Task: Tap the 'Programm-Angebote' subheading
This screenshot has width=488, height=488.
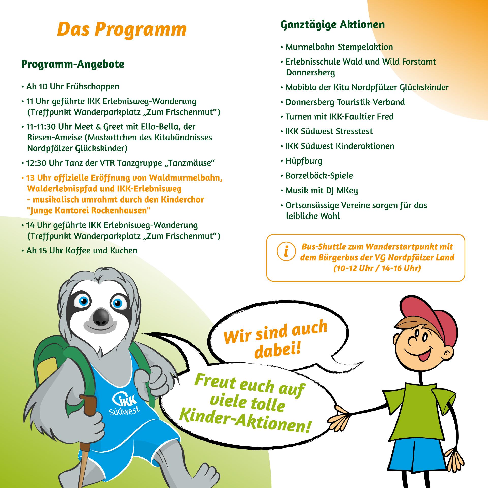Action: [x=73, y=64]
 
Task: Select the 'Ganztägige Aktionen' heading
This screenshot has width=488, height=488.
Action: [x=332, y=25]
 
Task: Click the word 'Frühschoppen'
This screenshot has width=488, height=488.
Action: [x=93, y=87]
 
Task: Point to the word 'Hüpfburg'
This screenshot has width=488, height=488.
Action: [x=304, y=161]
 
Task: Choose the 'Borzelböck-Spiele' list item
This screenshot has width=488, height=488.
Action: [x=319, y=176]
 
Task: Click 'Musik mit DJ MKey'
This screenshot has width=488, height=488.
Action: [x=322, y=190]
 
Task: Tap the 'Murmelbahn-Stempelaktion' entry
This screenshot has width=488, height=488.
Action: [x=339, y=47]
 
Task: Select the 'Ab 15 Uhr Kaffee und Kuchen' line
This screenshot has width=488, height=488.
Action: [x=82, y=251]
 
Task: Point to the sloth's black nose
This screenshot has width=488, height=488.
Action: [x=101, y=318]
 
